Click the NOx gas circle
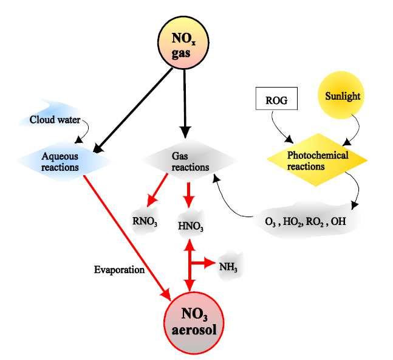183,43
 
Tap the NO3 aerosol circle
193,321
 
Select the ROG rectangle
276,99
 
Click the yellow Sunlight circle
341,95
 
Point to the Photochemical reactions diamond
317,160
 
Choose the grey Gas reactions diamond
190,160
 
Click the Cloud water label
55,120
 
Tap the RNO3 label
145,221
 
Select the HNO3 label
191,226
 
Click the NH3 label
228,267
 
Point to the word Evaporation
119,269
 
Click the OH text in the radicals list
338,221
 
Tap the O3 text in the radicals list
270,222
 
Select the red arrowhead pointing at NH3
210,263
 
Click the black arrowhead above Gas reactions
185,133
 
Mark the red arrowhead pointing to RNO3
152,201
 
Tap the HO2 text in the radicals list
292,222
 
